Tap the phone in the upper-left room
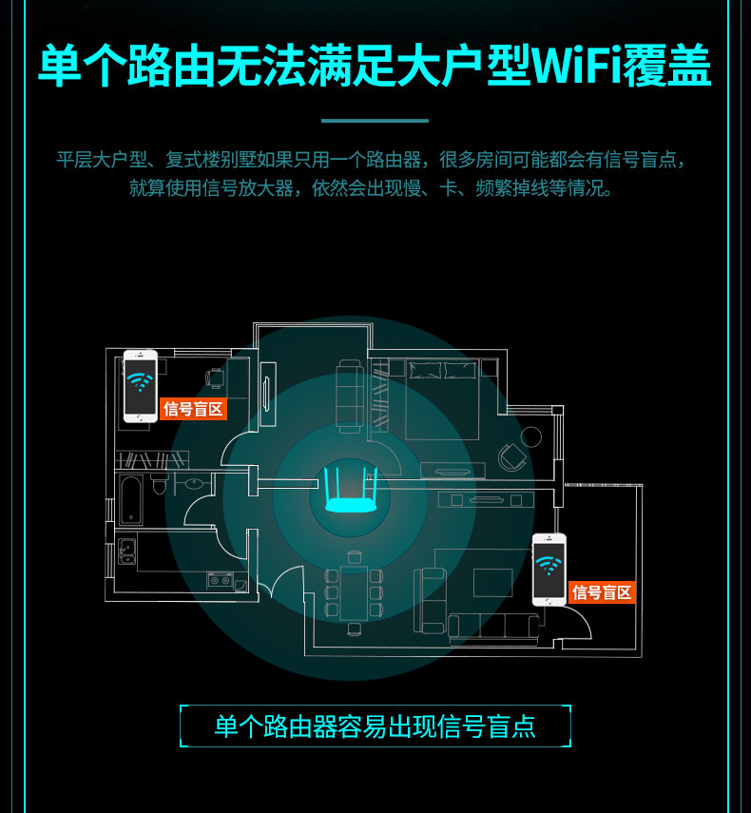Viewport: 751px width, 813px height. pos(141,386)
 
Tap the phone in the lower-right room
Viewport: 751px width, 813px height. pos(549,569)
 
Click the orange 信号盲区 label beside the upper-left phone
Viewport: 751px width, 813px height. pos(193,409)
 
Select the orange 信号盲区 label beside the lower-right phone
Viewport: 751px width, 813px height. pos(602,592)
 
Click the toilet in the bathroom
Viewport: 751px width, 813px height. pos(160,486)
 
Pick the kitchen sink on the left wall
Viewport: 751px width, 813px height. pos(126,552)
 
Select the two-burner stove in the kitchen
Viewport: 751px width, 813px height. pos(220,581)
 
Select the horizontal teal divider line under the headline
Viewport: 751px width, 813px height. pos(375,121)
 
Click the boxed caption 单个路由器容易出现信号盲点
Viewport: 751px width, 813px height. pos(375,727)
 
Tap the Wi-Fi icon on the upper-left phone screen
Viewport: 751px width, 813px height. pos(141,382)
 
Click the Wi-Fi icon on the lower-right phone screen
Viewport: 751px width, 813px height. pos(549,566)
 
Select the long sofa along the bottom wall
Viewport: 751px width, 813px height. pos(494,625)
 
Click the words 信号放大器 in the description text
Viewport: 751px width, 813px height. pos(262,188)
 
